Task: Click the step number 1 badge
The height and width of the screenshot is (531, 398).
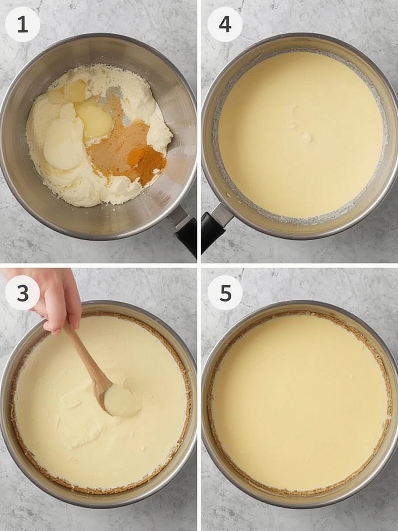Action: [x=22, y=24]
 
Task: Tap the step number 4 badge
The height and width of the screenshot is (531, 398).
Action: [x=225, y=24]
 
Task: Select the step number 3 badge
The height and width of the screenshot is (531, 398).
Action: [x=22, y=292]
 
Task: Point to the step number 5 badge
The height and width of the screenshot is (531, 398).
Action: [x=225, y=292]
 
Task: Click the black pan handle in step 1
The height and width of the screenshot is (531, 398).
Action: [x=187, y=236]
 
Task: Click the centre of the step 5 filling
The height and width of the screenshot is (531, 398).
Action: [x=299, y=402]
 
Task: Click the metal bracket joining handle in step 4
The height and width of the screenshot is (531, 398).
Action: [x=222, y=213]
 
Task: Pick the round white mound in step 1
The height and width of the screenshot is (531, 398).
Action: [x=64, y=144]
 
